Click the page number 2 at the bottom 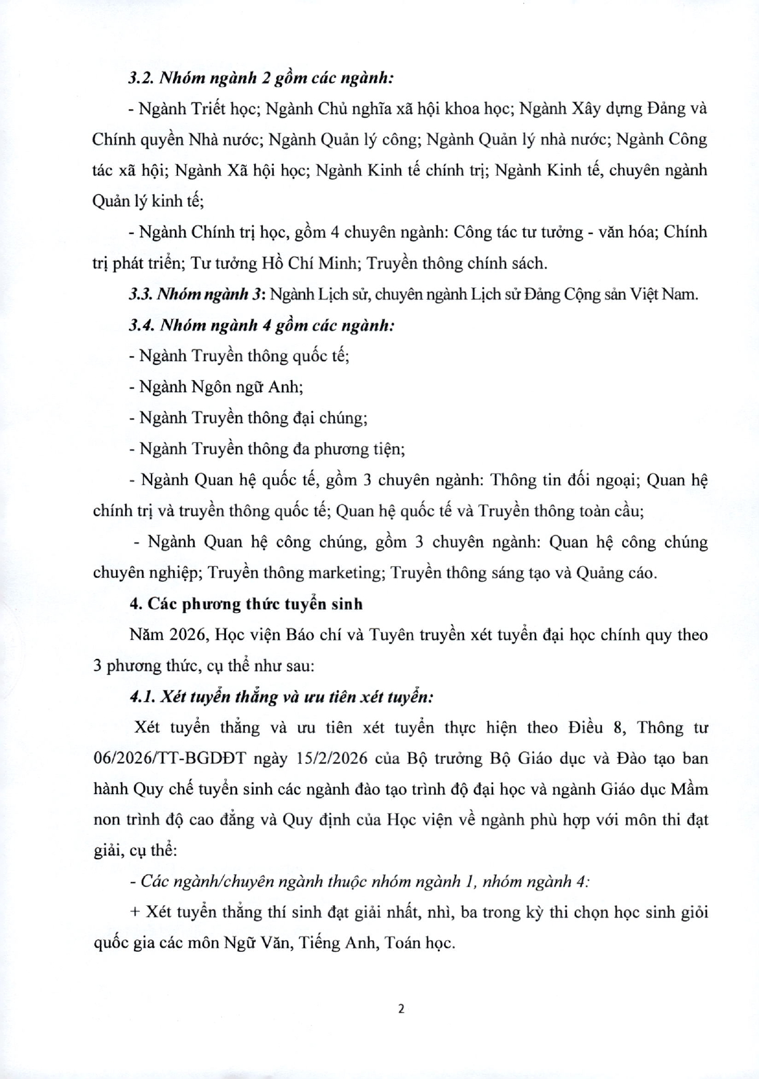(x=401, y=1008)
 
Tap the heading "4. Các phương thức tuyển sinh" (x=246, y=604)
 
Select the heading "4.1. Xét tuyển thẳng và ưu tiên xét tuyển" (x=281, y=697)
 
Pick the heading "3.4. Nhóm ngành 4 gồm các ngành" (x=261, y=325)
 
